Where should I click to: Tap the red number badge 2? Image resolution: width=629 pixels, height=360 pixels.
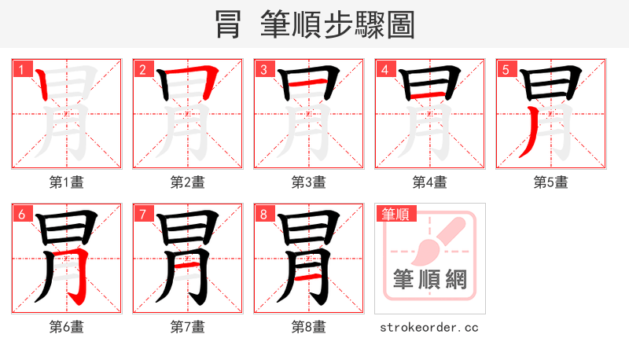(x=142, y=69)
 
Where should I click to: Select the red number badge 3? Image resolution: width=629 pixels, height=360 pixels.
(x=263, y=69)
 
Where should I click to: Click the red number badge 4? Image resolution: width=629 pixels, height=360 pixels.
(x=384, y=69)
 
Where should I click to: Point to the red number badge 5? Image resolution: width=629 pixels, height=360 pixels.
(x=506, y=69)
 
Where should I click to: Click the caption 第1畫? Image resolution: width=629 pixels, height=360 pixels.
(x=67, y=182)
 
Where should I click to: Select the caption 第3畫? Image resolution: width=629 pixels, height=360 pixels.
(x=309, y=182)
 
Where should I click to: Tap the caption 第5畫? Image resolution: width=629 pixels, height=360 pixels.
(x=551, y=182)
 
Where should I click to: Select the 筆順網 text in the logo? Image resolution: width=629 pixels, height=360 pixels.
(x=430, y=280)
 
